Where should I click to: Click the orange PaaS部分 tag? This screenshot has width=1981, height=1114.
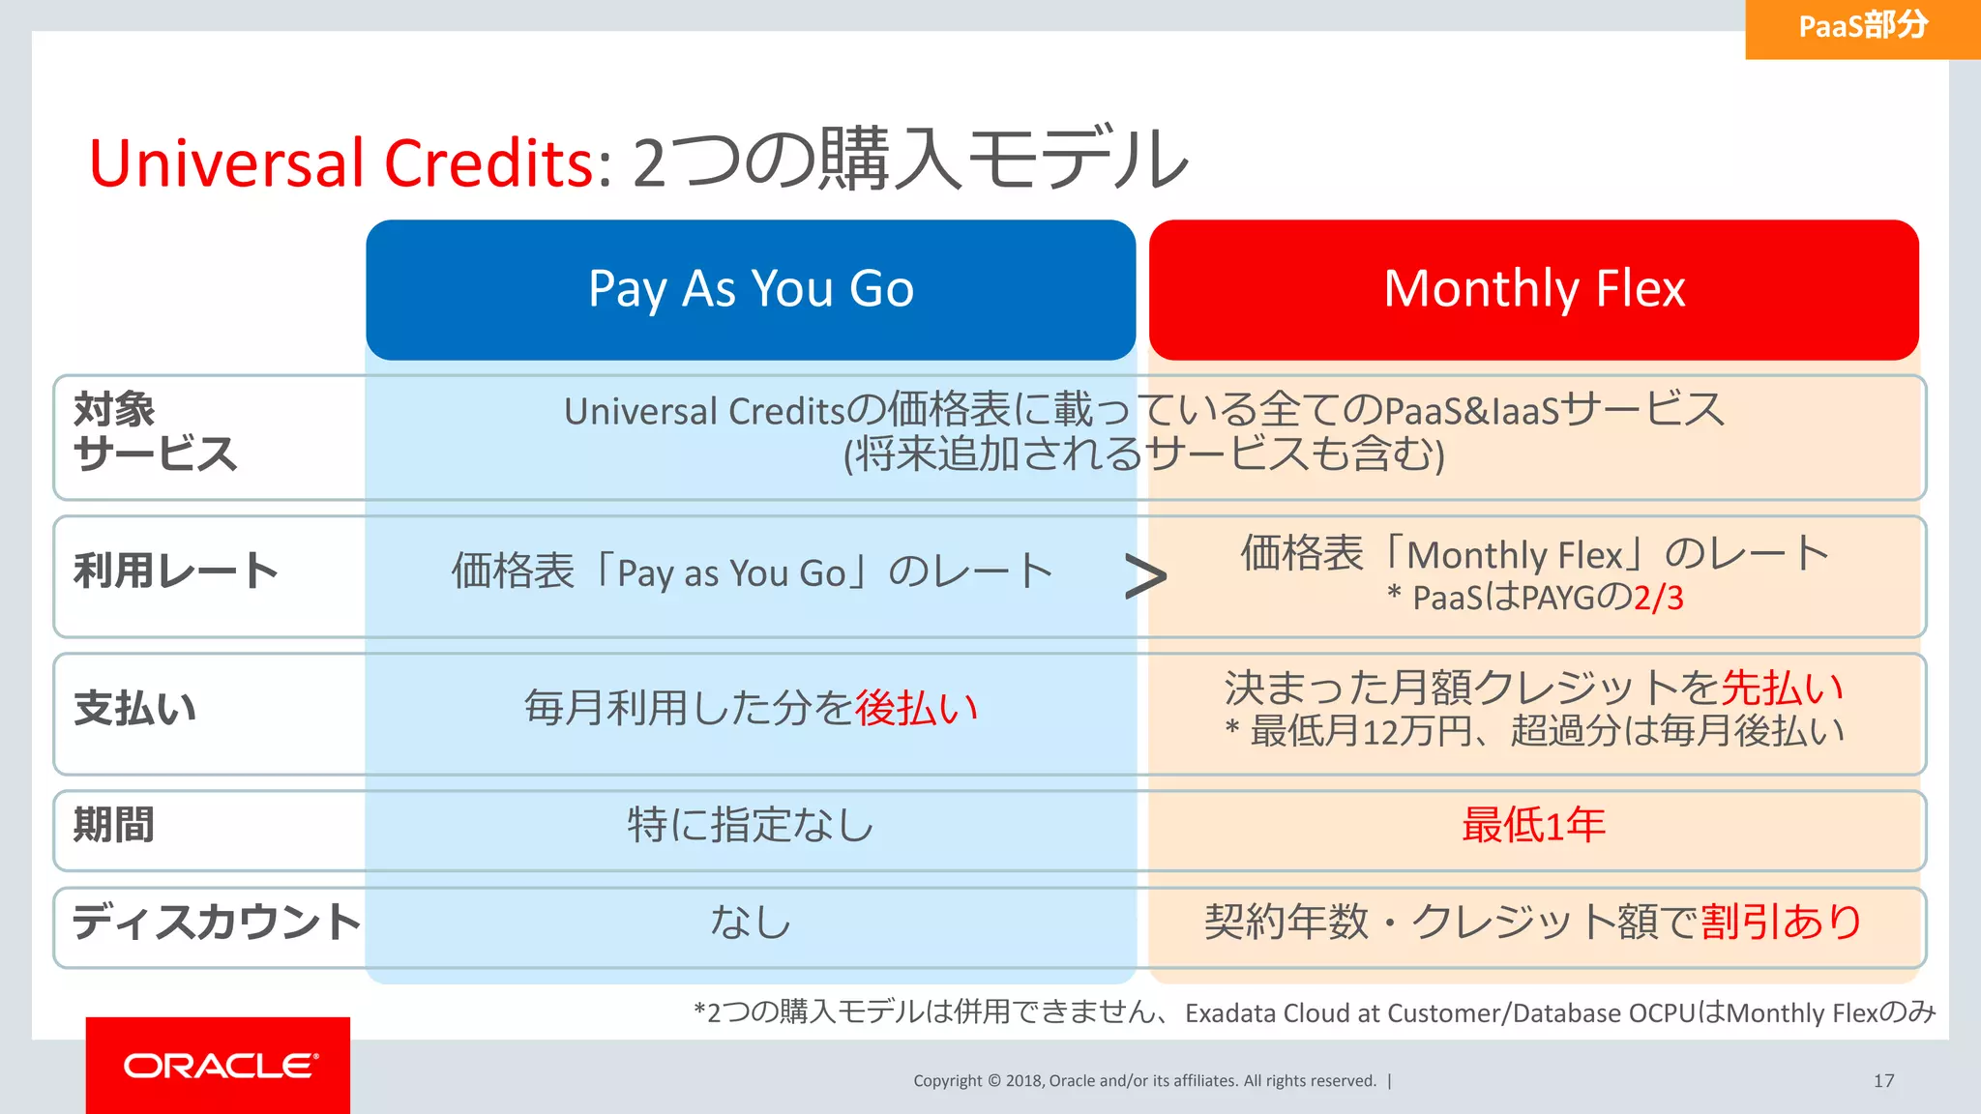1862,27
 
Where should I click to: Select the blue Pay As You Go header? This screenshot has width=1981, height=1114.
751,289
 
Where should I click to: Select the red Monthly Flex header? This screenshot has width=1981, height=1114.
1534,289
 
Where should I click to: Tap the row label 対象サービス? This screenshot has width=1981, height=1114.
155,432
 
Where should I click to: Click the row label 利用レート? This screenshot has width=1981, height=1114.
175,571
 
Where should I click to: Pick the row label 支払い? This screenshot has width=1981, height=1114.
134,709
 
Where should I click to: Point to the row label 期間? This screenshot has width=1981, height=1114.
114,826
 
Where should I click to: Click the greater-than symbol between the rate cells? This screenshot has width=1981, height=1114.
1145,577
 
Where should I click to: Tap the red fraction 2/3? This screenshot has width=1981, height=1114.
1658,599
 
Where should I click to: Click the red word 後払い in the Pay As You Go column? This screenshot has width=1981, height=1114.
916,709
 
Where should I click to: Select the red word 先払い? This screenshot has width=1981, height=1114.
1782,689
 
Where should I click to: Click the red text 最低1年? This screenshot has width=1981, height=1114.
1533,826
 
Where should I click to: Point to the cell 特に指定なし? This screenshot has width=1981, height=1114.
751,826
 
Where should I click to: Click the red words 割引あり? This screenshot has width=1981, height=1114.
1782,922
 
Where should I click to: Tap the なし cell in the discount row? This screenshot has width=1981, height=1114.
751,922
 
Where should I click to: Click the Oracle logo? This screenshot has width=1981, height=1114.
219,1066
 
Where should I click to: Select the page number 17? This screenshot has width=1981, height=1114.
1883,1081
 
